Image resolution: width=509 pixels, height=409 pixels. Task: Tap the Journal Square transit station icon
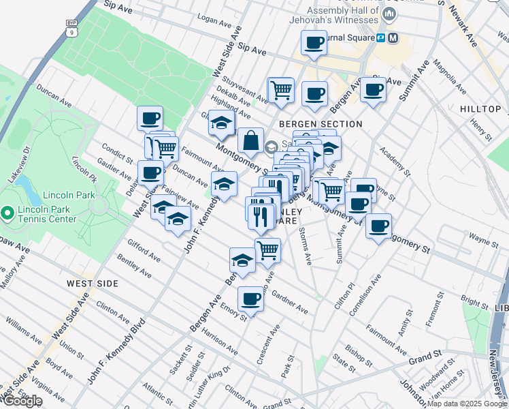click(392, 38)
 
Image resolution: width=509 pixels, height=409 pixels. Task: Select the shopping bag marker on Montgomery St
click(250, 141)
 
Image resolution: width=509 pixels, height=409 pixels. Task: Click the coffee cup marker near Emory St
click(251, 299)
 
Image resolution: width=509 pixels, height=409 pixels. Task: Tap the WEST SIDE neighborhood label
click(93, 283)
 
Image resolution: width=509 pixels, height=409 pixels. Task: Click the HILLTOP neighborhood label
click(480, 109)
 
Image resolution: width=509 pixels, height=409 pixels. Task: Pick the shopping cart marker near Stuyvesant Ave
click(280, 89)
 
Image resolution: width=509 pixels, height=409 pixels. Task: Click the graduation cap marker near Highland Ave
click(221, 123)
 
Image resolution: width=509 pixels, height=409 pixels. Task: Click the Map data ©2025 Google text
click(467, 404)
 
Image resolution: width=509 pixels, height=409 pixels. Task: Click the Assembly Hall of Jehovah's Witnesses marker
click(389, 14)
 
